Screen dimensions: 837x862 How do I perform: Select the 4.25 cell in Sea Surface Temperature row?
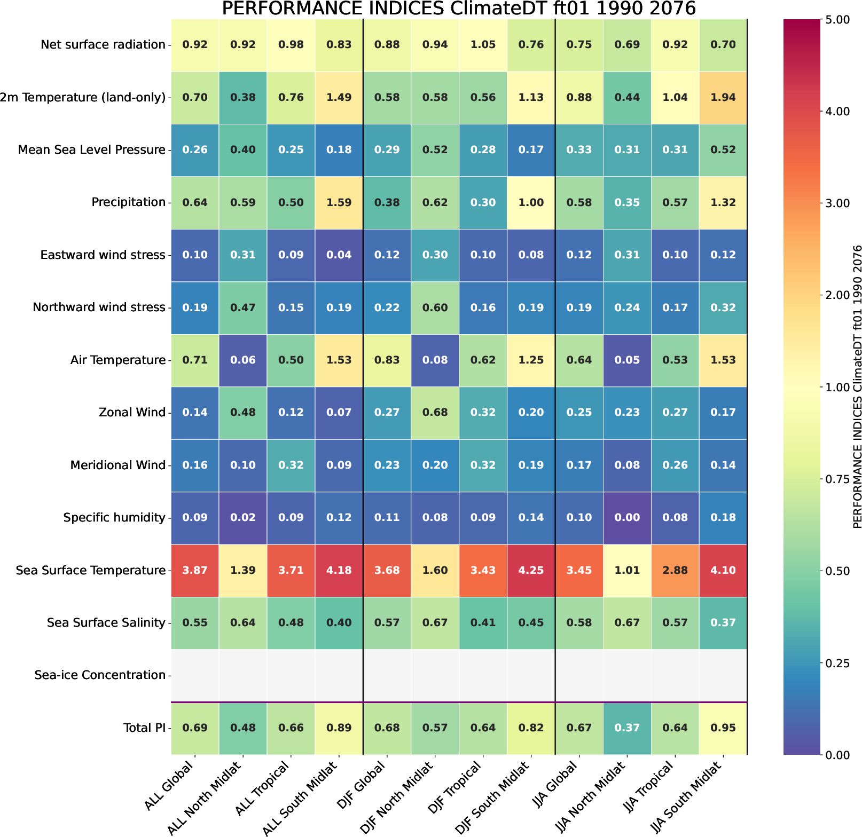point(531,570)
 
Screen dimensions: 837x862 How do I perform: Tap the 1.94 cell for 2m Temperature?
point(723,97)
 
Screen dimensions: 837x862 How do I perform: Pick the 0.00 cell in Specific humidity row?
point(627,517)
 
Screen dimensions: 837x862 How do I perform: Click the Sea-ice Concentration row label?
point(100,675)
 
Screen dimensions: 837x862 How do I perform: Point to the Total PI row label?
point(144,728)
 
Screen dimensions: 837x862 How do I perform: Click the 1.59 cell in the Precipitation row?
point(339,202)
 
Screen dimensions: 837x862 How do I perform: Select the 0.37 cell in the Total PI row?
point(627,728)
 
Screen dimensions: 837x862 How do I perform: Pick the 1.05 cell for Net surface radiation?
point(483,45)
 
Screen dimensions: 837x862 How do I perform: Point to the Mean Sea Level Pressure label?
point(92,150)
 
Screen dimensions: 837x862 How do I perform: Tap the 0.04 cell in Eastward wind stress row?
point(339,255)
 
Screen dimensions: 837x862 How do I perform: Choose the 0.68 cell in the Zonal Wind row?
point(435,412)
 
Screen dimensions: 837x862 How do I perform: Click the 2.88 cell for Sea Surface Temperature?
point(675,570)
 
